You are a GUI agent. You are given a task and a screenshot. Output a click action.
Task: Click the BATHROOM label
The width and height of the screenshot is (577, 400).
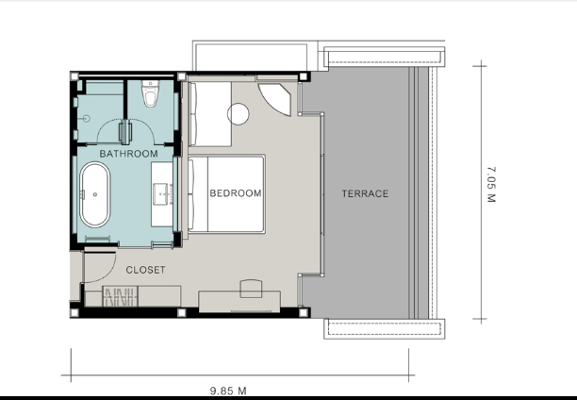[x=128, y=154]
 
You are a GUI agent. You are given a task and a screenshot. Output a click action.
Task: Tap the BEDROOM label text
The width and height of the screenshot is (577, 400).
[x=236, y=193]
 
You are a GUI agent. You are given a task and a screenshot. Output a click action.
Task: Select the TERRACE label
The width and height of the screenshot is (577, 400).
[x=365, y=193]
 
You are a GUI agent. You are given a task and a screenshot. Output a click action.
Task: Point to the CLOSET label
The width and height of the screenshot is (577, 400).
[x=145, y=270]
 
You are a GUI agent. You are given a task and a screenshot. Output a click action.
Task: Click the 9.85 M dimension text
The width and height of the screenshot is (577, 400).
[x=228, y=391]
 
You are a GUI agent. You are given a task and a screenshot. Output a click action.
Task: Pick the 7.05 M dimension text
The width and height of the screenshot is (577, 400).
[x=491, y=185]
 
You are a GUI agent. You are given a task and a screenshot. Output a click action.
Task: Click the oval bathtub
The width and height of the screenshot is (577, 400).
[x=95, y=194]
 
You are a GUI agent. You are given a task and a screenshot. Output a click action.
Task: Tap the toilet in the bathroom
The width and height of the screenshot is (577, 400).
[x=151, y=93]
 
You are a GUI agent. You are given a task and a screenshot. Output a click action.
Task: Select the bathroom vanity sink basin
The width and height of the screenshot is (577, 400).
[x=161, y=194]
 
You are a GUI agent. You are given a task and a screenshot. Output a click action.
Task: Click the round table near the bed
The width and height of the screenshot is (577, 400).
[x=239, y=114]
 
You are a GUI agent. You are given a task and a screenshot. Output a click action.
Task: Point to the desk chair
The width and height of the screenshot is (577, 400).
[x=251, y=289]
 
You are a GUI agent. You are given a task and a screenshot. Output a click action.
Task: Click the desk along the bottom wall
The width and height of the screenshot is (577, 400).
[x=239, y=302]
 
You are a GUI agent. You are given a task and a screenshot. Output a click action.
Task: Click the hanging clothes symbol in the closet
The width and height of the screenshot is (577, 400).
[x=121, y=296]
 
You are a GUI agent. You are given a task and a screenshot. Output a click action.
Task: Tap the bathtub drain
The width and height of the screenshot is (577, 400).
[x=95, y=194]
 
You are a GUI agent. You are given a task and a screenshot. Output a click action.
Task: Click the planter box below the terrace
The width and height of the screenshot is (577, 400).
[x=384, y=329]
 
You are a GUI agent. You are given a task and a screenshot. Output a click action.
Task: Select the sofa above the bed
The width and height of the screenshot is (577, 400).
[x=210, y=114]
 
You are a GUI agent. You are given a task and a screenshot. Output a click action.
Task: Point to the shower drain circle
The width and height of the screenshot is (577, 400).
[x=87, y=118]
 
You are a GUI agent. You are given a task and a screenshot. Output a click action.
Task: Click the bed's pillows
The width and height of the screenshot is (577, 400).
[x=191, y=195]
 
